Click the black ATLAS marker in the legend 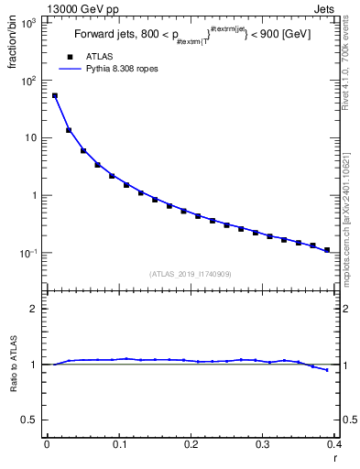point(70,57)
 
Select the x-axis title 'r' point(335,458)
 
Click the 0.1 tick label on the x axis point(119,445)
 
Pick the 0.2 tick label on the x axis point(191,445)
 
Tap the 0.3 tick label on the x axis point(264,445)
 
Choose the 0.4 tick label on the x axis point(335,445)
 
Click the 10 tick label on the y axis point(32,137)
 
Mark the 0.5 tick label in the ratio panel point(31,420)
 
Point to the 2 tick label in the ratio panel point(37,309)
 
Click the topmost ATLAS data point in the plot point(54,95)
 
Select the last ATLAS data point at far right point(328,249)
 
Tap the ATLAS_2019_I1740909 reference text point(190,274)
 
